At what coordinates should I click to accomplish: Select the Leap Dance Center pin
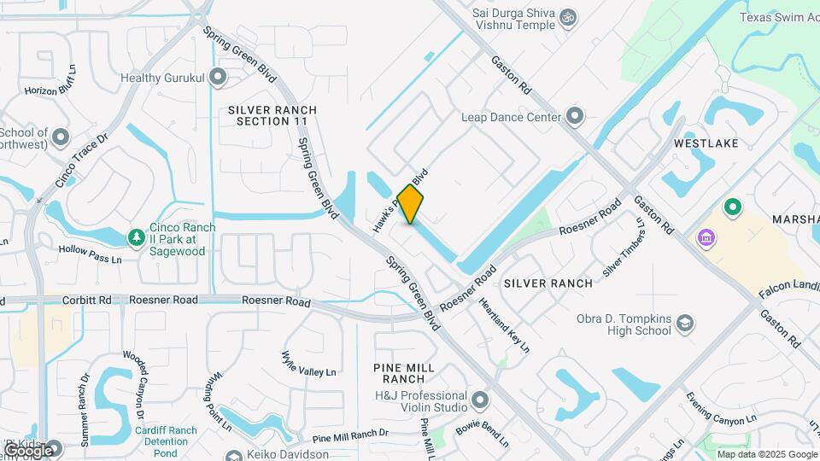pyautogui.click(x=575, y=116)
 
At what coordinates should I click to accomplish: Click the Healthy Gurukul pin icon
pyautogui.click(x=218, y=77)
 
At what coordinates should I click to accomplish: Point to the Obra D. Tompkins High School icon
pyautogui.click(x=684, y=324)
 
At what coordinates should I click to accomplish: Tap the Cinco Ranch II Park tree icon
pyautogui.click(x=135, y=236)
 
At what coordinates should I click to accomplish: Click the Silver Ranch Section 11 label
pyautogui.click(x=272, y=116)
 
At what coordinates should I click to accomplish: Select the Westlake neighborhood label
pyautogui.click(x=705, y=143)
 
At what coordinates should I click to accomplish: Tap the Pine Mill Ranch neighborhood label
pyautogui.click(x=404, y=373)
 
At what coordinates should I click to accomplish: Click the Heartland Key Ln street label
pyautogui.click(x=504, y=325)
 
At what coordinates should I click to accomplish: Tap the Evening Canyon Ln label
pyautogui.click(x=722, y=409)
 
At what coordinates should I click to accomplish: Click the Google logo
pyautogui.click(x=28, y=450)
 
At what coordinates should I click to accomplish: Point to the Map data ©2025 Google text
pyautogui.click(x=765, y=454)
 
